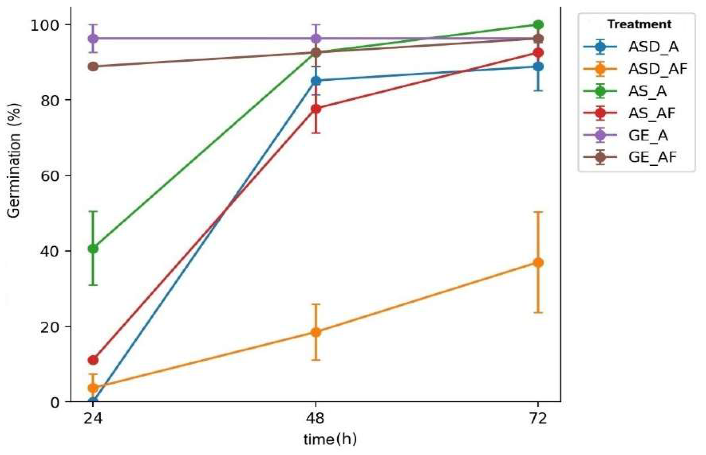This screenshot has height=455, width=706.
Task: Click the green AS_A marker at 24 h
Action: (x=93, y=248)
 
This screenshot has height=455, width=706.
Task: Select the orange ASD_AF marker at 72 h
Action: (x=538, y=262)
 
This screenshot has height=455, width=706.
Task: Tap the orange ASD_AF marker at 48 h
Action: (x=316, y=332)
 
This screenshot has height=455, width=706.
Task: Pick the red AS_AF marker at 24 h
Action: (x=93, y=360)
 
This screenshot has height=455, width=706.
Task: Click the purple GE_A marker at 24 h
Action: (x=93, y=38)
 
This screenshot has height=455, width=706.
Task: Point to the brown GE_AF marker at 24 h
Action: (x=93, y=67)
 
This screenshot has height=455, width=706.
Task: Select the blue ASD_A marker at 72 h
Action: (x=538, y=67)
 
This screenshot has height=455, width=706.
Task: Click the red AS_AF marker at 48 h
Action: (x=316, y=109)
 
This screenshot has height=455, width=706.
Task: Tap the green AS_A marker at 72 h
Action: (x=538, y=25)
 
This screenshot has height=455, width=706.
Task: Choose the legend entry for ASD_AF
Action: (x=657, y=69)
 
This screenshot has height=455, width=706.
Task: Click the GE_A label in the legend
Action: (x=648, y=135)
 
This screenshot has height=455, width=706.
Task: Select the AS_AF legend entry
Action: (x=652, y=113)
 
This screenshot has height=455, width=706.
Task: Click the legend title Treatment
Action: (x=639, y=24)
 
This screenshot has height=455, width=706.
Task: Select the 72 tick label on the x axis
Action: (x=538, y=419)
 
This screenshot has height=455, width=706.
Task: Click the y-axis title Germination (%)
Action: (x=14, y=161)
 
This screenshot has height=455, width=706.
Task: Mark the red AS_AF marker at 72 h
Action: (x=538, y=53)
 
